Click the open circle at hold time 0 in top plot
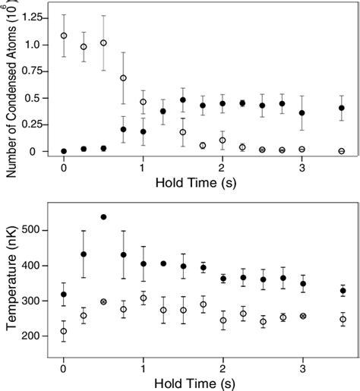coord(64,35)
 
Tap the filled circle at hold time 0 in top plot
coord(64,151)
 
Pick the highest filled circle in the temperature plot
coord(103,217)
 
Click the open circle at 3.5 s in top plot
coord(342,151)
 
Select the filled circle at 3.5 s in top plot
coord(342,108)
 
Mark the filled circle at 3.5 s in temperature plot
coord(342,291)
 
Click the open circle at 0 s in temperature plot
coord(64,331)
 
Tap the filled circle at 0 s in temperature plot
coord(64,295)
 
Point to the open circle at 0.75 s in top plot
coord(123,78)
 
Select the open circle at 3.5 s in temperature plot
coord(342,320)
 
